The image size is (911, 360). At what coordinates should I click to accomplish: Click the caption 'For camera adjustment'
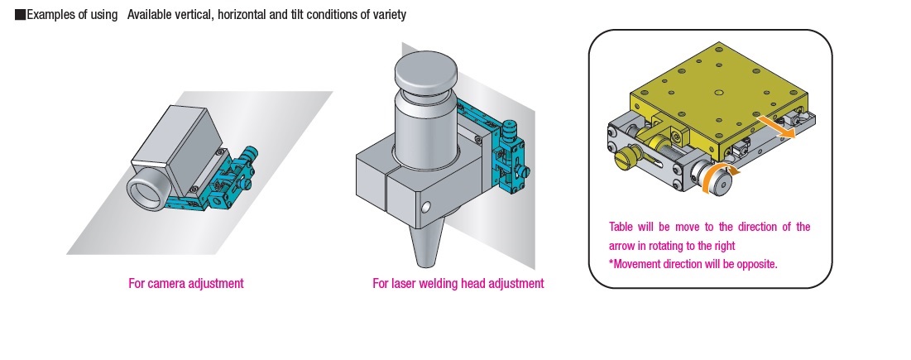[186, 283]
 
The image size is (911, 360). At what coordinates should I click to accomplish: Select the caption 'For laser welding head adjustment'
[458, 283]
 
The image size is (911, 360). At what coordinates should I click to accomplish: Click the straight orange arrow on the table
[778, 126]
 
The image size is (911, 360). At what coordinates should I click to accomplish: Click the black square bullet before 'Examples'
[20, 16]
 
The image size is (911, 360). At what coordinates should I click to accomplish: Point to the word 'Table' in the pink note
[621, 227]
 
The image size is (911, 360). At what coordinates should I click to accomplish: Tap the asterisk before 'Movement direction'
[611, 264]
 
